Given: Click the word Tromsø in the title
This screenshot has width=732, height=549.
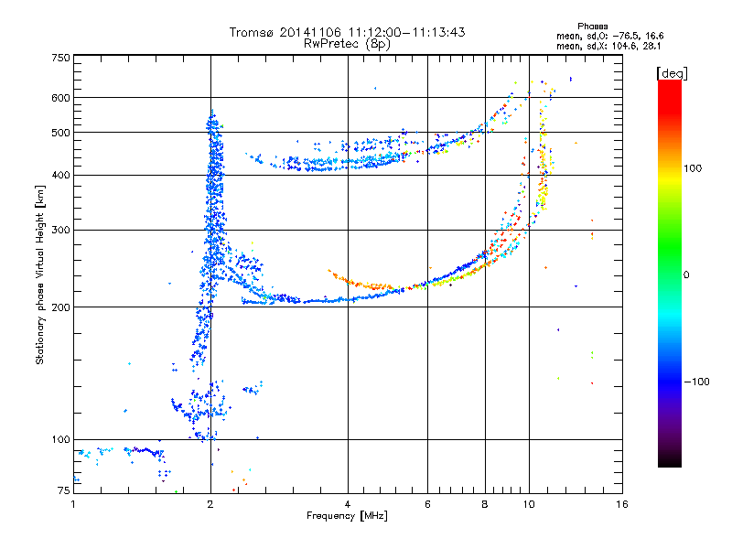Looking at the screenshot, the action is (x=253, y=32).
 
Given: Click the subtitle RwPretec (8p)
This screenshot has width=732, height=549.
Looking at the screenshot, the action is (x=347, y=44).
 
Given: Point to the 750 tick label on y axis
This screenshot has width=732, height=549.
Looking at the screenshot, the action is (x=60, y=58).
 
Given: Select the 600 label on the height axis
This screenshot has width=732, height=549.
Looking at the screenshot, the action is (x=60, y=98).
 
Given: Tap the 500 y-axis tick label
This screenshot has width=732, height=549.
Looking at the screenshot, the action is (x=60, y=133).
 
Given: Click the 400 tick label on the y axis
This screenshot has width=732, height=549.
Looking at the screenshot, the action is (x=60, y=176).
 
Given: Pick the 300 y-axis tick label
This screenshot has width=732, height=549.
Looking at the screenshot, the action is (x=60, y=231).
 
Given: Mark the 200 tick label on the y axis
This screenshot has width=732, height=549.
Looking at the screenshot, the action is (x=60, y=307).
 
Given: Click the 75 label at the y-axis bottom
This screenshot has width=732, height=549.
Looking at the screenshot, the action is (x=64, y=490).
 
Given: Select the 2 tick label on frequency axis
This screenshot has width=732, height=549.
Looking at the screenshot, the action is (x=210, y=504).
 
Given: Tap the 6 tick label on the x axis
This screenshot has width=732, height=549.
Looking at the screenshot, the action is (x=427, y=504).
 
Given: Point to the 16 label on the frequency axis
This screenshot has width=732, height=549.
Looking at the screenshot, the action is (x=622, y=504).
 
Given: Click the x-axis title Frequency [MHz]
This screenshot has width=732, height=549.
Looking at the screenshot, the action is (x=347, y=516).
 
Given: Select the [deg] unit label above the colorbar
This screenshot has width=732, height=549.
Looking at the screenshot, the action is (x=672, y=73).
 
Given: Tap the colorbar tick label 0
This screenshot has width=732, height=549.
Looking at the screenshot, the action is (x=686, y=275).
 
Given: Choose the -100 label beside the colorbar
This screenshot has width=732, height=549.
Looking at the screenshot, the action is (x=696, y=382).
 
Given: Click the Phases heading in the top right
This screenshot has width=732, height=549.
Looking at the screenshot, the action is (x=592, y=27).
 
